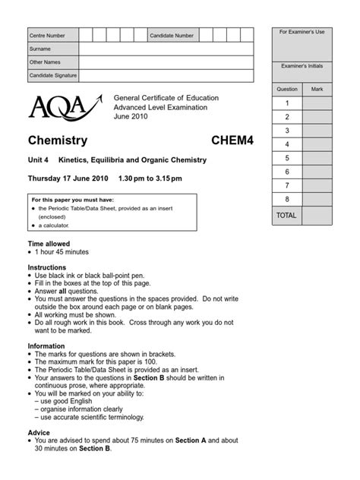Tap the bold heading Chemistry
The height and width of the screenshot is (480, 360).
click(58, 141)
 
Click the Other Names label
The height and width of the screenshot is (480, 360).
click(44, 62)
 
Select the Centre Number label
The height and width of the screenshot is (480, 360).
click(47, 35)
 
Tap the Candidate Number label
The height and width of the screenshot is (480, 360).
click(172, 35)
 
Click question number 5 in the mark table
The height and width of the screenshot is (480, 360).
click(287, 158)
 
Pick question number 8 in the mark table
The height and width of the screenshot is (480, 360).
click(287, 199)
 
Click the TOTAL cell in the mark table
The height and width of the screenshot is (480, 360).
click(287, 216)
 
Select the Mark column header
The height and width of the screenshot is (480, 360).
click(317, 89)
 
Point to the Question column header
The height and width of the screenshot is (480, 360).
click(287, 89)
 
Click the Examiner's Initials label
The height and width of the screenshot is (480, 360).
click(302, 66)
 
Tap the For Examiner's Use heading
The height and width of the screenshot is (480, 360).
click(302, 32)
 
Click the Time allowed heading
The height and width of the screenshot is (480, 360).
click(50, 243)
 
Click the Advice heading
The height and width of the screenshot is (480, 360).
click(39, 431)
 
